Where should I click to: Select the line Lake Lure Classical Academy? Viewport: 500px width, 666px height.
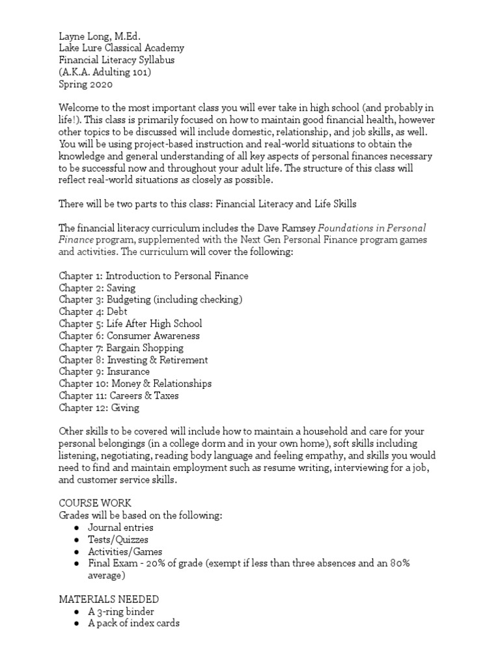121,48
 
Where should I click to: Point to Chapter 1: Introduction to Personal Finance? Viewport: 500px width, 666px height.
153,276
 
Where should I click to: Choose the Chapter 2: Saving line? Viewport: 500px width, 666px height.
97,287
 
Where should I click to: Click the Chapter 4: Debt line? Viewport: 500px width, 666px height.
93,312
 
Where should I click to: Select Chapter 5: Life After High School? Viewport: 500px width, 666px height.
130,323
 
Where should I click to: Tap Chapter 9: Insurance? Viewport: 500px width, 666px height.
104,371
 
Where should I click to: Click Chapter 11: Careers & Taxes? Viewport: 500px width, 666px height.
118,395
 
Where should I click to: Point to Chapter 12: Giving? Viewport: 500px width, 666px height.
98,408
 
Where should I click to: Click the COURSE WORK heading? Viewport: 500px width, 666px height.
94,503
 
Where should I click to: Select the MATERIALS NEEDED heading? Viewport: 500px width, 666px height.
109,599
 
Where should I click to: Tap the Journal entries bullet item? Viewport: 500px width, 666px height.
120,527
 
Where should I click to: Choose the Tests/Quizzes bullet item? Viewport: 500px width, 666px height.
118,540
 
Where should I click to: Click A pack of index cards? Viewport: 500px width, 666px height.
133,623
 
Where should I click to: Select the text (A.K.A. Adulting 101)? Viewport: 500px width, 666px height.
105,72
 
